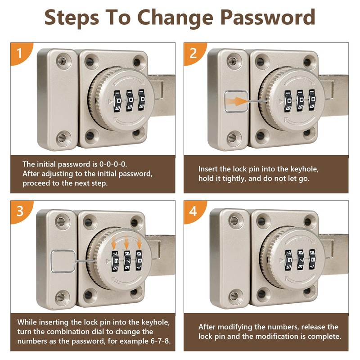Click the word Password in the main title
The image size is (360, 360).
pos(268,18)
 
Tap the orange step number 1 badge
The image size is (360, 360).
pos(21,53)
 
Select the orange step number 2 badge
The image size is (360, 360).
pos(194,53)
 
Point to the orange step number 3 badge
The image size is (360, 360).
pos(21,211)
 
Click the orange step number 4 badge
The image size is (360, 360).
pos(194,211)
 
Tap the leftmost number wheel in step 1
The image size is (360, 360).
pos(117,101)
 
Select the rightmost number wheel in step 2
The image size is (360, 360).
pos(312,100)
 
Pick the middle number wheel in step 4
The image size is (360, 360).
pos(301,260)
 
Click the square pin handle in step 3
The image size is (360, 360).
pos(63,261)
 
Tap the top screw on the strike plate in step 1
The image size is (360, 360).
pos(62,61)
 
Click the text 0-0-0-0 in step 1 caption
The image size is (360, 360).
pos(113,164)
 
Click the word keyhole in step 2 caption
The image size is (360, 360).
pos(305,169)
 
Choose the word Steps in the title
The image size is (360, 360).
pos(72,18)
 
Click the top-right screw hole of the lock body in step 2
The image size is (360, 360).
pos(307,62)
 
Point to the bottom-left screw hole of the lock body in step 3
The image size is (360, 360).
pos(88,295)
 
